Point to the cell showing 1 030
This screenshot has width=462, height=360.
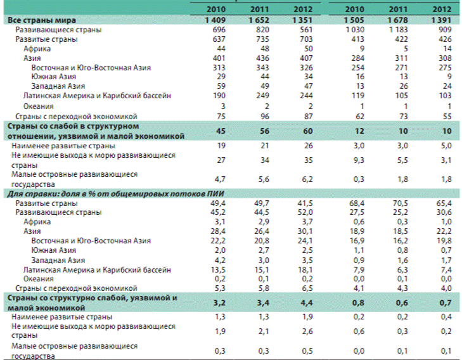(x=352, y=30)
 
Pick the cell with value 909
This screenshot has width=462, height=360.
(x=444, y=30)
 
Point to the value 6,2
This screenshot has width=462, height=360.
(x=304, y=179)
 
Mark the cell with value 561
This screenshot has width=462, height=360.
(x=304, y=30)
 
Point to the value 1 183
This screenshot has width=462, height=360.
(x=397, y=30)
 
